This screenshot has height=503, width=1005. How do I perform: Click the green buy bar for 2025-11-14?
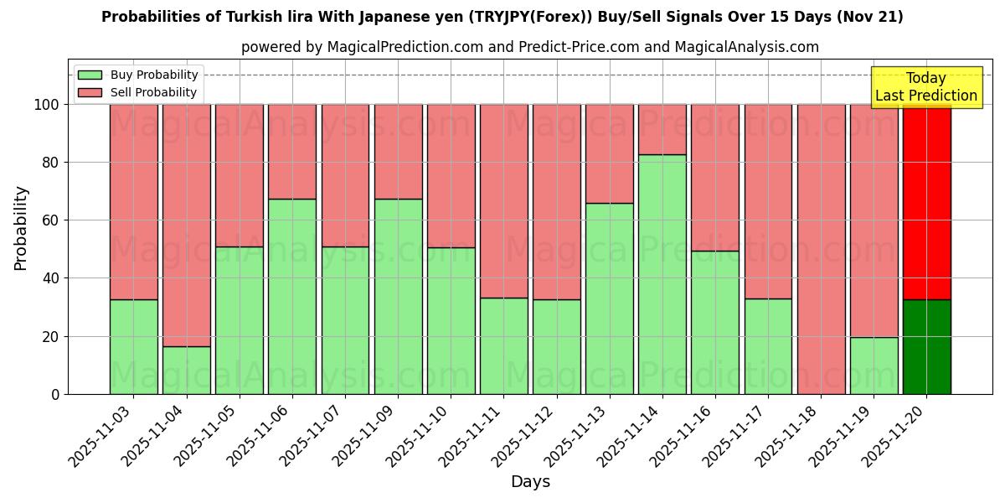tap(662, 274)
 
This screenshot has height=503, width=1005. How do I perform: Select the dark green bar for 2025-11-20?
tap(926, 346)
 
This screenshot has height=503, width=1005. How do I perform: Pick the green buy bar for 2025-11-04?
tap(186, 370)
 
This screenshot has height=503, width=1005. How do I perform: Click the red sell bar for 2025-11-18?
tap(821, 249)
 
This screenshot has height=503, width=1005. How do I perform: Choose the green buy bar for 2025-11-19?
tap(874, 366)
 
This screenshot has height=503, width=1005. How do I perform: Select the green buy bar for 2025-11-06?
tap(292, 296)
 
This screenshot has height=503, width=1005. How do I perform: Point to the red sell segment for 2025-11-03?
tap(133, 202)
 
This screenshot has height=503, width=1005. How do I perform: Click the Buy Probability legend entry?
tap(137, 75)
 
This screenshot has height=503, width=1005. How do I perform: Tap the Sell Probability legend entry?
tap(137, 92)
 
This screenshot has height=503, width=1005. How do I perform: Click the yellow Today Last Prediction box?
tap(925, 87)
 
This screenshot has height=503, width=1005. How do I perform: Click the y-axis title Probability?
tap(21, 227)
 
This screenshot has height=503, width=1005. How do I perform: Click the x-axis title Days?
tap(530, 482)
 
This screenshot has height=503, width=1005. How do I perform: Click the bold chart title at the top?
tap(502, 17)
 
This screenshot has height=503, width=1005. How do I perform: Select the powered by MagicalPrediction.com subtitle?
tap(530, 47)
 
